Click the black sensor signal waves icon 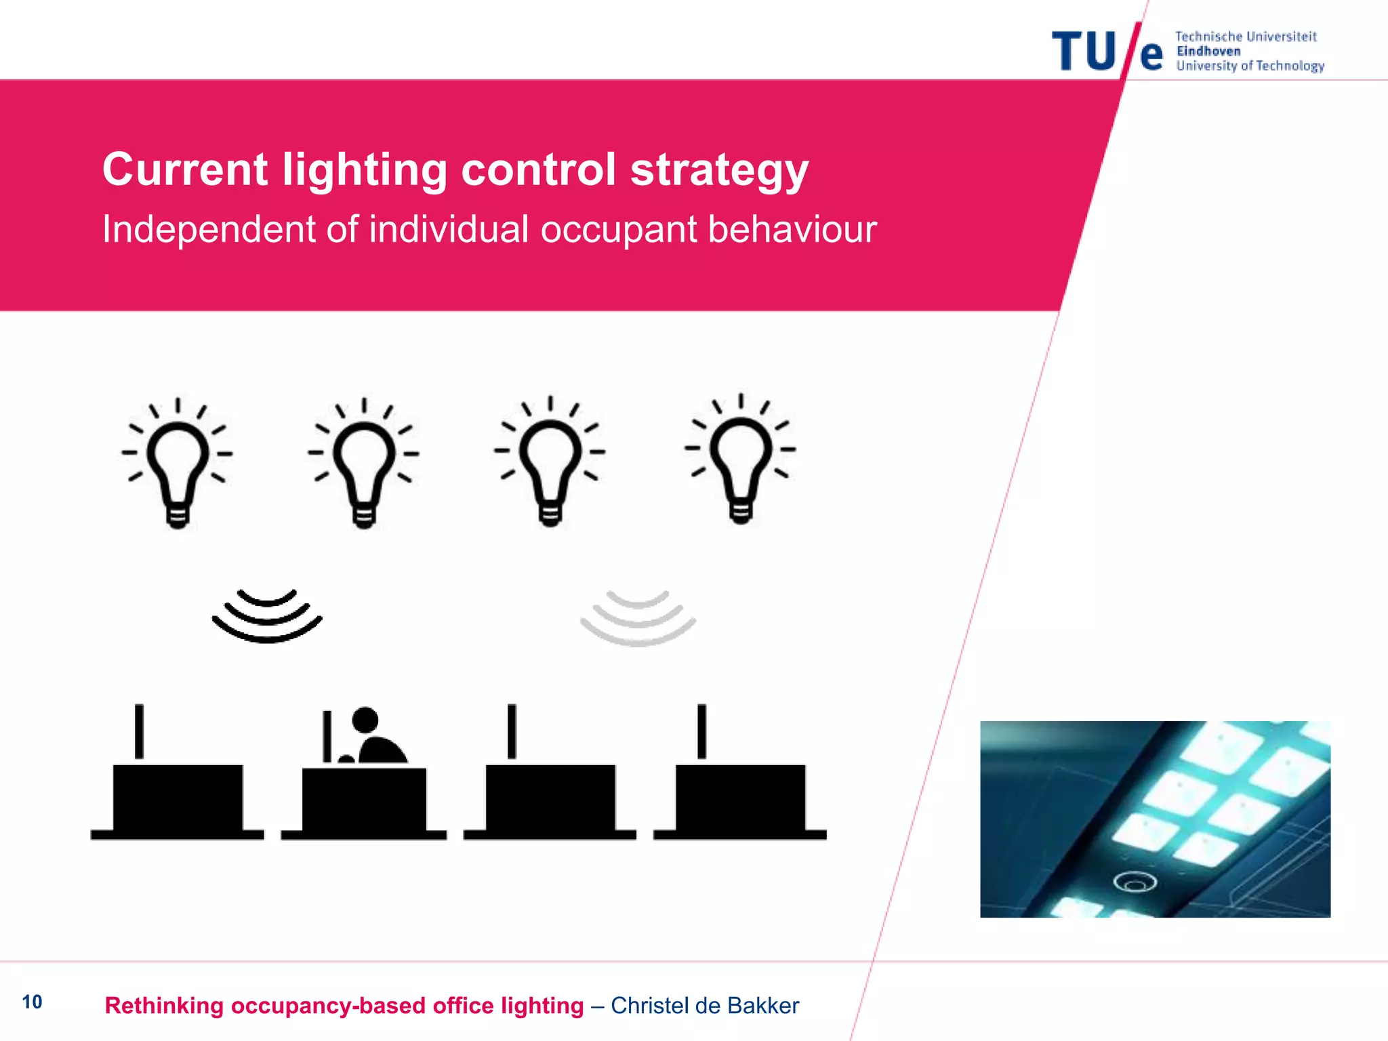coord(267,616)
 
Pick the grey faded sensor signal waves coord(638,618)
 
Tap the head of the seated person coord(365,720)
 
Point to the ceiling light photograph coord(1155,819)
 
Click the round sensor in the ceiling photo coord(1135,882)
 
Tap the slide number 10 coord(32,1002)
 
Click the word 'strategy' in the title coord(719,169)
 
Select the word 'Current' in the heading coord(185,169)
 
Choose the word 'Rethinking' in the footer coord(164,1006)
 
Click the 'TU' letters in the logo coord(1083,52)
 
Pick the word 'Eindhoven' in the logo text coord(1208,52)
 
